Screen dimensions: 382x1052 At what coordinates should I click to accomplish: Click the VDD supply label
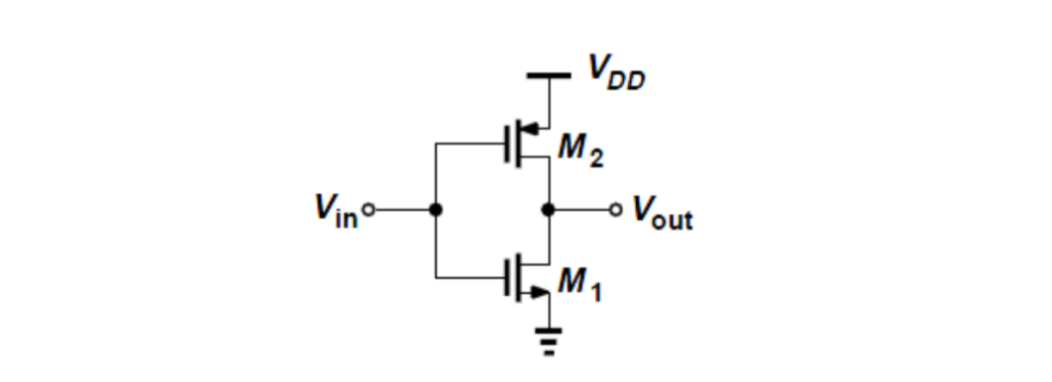click(615, 72)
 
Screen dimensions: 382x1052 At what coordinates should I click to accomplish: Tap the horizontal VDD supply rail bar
click(548, 75)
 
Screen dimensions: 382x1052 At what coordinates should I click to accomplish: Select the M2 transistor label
click(580, 150)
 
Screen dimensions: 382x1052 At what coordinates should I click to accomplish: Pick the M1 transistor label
click(580, 284)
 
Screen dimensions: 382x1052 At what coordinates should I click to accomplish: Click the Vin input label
click(335, 211)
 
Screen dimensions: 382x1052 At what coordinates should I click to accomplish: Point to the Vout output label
click(663, 213)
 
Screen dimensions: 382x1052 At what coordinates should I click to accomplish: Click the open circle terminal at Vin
click(369, 210)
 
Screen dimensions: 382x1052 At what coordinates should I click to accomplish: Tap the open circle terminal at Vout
click(616, 210)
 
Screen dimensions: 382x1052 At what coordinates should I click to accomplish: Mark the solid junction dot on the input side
click(435, 210)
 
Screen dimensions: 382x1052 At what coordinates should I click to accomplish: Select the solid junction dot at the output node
click(549, 210)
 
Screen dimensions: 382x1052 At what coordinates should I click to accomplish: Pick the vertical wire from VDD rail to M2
click(549, 99)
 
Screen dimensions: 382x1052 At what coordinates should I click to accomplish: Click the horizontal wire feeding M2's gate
click(471, 144)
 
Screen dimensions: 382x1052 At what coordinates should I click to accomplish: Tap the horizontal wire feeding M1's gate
click(471, 277)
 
